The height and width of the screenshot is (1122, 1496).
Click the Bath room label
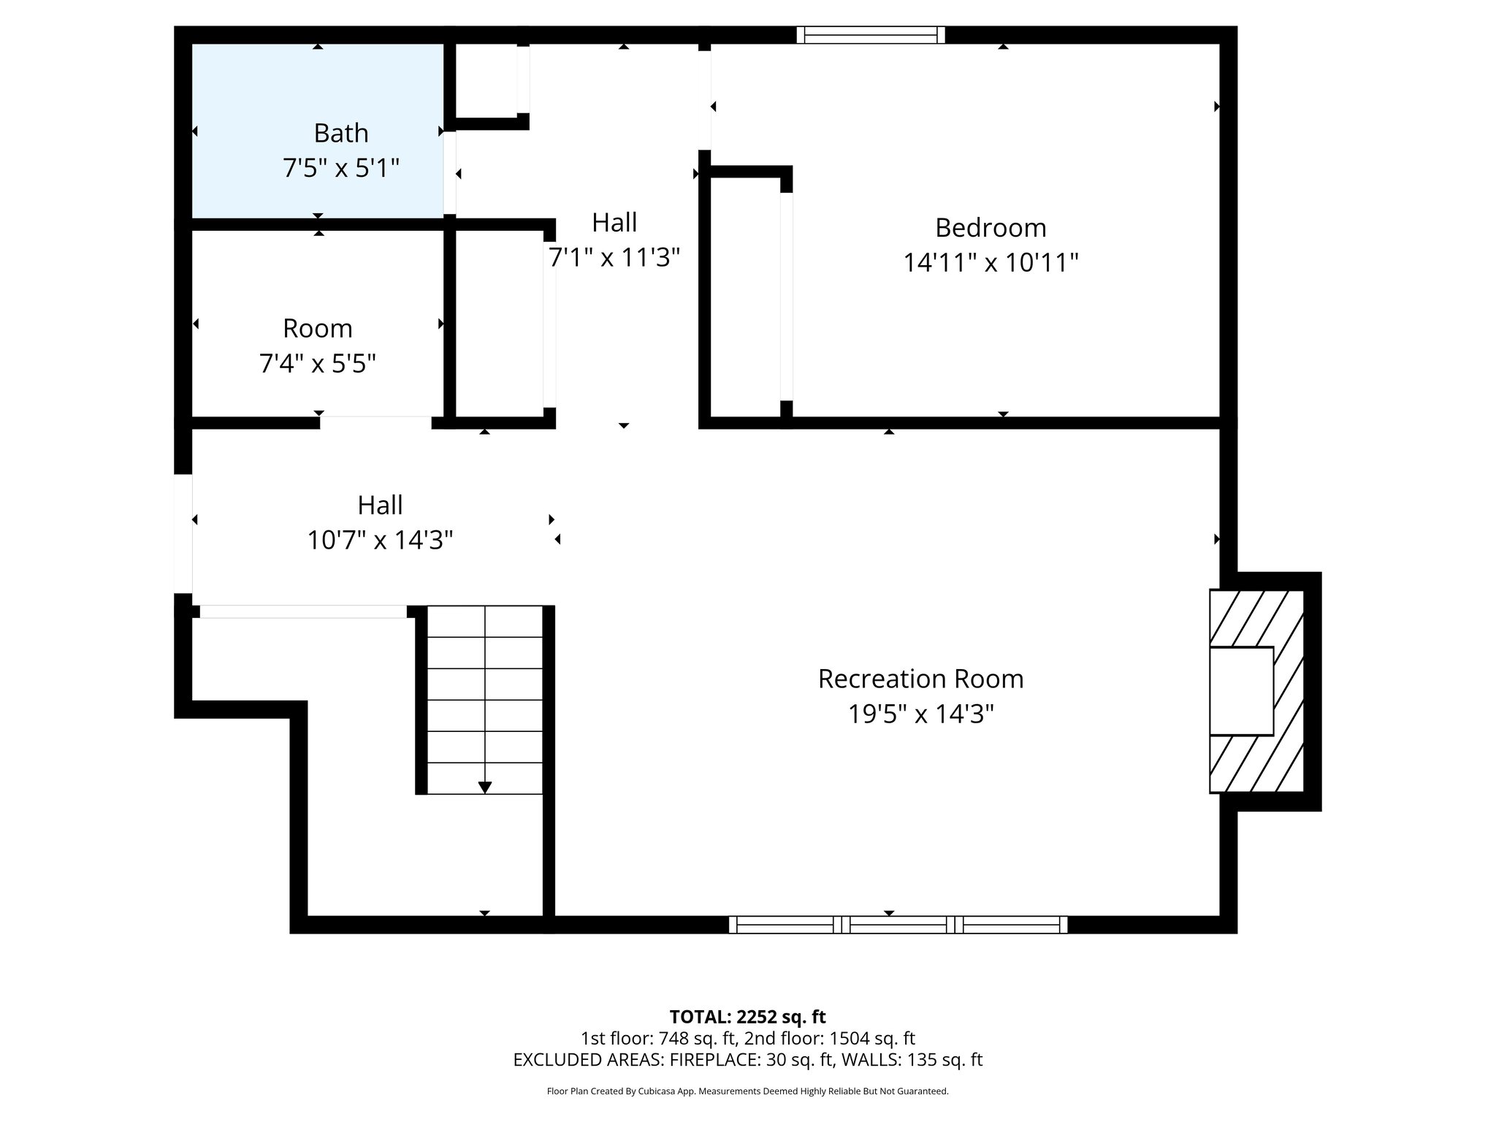[340, 133]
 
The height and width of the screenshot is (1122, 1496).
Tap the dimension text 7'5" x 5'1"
[340, 169]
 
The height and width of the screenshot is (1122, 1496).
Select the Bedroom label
[991, 228]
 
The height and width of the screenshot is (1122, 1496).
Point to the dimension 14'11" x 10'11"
[991, 262]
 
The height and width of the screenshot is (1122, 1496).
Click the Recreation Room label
[920, 679]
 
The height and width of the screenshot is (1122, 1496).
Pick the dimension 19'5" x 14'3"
[920, 714]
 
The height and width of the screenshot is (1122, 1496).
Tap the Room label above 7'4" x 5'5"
[317, 329]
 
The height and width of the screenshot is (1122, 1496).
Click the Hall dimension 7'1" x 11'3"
[614, 257]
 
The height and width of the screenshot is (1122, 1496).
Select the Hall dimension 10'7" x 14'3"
[380, 541]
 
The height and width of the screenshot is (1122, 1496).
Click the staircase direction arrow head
[484, 787]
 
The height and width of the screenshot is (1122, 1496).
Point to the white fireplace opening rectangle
[1241, 691]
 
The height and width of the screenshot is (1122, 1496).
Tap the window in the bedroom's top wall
[870, 35]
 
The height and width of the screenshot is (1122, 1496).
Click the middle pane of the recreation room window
[898, 925]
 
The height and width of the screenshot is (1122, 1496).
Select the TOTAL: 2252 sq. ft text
[747, 1017]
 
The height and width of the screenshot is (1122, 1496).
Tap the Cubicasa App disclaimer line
[747, 1091]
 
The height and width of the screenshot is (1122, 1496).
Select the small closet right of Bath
[486, 80]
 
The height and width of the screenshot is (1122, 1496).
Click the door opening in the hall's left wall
[183, 533]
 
